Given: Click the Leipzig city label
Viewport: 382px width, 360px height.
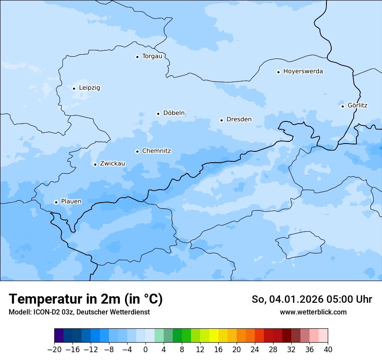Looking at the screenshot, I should coord(89,88).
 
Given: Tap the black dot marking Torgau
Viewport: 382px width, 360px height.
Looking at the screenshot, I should coord(137,57).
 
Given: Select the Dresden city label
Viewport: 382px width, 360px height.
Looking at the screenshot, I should coord(239,119).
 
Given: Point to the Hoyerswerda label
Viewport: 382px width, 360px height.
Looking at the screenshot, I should coord(303,72).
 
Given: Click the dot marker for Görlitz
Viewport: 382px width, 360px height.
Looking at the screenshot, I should coord(342,106).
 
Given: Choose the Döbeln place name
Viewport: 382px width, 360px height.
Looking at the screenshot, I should coord(174,113).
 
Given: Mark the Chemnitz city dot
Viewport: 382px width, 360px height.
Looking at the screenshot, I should coord(137,151).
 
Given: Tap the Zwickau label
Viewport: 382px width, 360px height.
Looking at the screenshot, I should coord(112,164).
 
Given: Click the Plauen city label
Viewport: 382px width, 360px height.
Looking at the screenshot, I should coord(71,201).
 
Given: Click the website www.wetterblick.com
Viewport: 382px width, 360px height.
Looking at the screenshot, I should coord(313,312).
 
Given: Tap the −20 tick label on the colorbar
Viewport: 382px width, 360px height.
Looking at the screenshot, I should coord(54,350).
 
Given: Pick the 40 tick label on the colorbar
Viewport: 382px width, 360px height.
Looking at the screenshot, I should coord(328,350).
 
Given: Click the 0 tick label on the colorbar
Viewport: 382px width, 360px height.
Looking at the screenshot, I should coord(145,350).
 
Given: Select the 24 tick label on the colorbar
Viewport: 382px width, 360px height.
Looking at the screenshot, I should coord(255,350).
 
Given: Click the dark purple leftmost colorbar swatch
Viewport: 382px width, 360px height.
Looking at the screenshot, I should coord(59,336).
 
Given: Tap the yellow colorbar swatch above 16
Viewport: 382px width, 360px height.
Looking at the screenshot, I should coord(214,336).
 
